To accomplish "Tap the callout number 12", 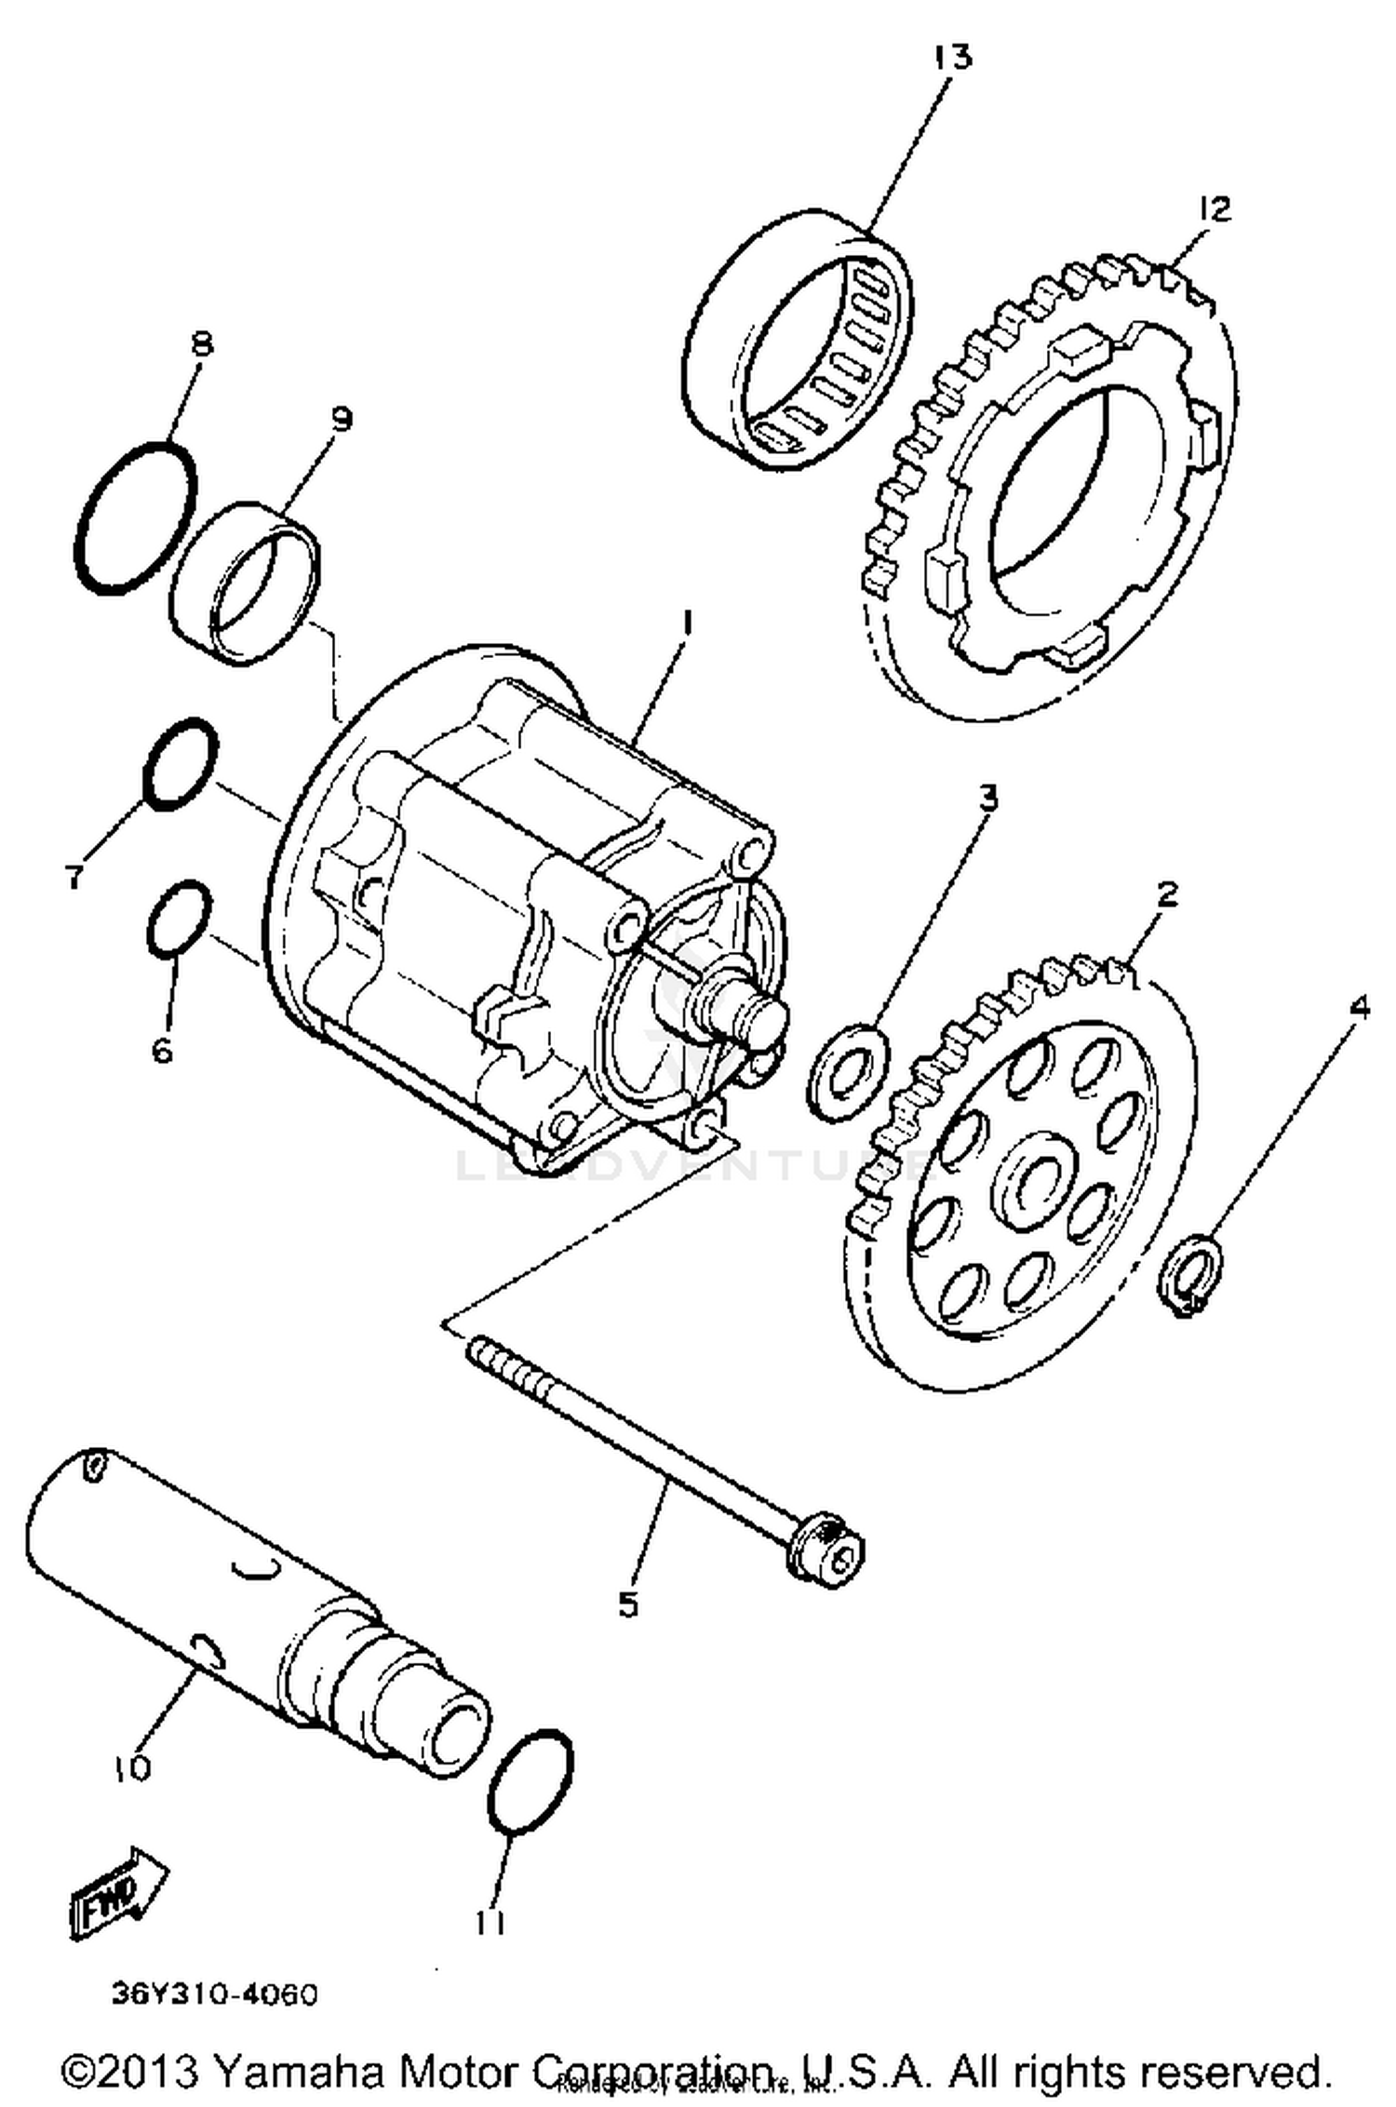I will coord(1213,208).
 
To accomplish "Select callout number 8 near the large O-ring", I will coord(200,343).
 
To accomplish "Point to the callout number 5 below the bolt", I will coord(629,1604).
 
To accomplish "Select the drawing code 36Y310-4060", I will coord(215,1994).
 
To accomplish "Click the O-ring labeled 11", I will coord(530,1782).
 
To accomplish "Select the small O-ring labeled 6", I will coord(179,917).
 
